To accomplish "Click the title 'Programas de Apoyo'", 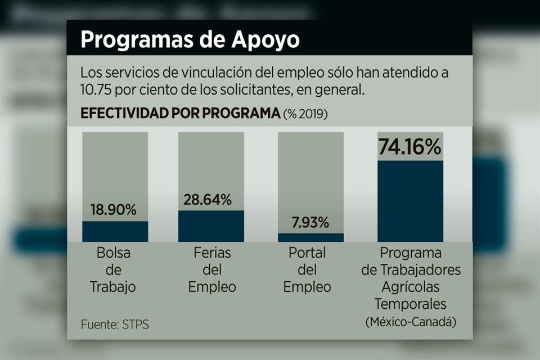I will (x=190, y=40).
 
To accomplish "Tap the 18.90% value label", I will (x=114, y=210).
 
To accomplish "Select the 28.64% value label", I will (x=208, y=199).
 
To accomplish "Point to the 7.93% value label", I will (x=310, y=222).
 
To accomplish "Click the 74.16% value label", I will (x=409, y=147).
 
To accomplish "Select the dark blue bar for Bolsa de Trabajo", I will (x=115, y=231).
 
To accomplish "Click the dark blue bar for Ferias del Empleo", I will (x=211, y=226).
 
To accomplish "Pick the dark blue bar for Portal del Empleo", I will (x=310, y=237).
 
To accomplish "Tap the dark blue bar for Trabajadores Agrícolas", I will (x=410, y=201).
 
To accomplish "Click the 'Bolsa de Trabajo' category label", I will (x=113, y=270).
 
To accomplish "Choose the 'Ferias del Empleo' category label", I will (x=211, y=270).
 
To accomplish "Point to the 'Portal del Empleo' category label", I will (x=307, y=270).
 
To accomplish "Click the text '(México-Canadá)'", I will (x=411, y=322).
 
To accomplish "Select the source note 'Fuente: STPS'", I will (x=115, y=325).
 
